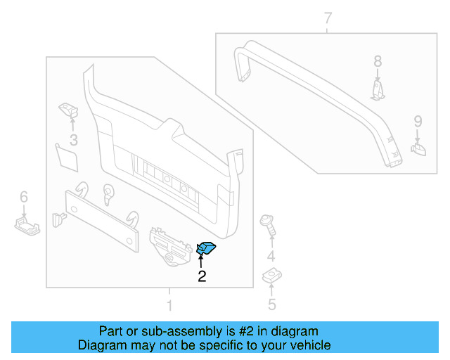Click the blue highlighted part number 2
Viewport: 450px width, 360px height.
(x=207, y=247)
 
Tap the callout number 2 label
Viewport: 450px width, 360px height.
(x=202, y=276)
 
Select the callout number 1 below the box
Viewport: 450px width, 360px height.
(x=169, y=306)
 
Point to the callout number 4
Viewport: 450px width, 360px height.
(x=271, y=255)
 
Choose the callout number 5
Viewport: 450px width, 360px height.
(x=271, y=304)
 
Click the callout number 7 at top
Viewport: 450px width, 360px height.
(x=328, y=18)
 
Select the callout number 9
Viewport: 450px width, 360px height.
(x=417, y=120)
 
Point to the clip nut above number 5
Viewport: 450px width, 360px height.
(x=271, y=278)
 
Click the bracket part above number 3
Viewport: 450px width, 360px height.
(x=68, y=110)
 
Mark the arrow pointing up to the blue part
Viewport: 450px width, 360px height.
(x=200, y=261)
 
